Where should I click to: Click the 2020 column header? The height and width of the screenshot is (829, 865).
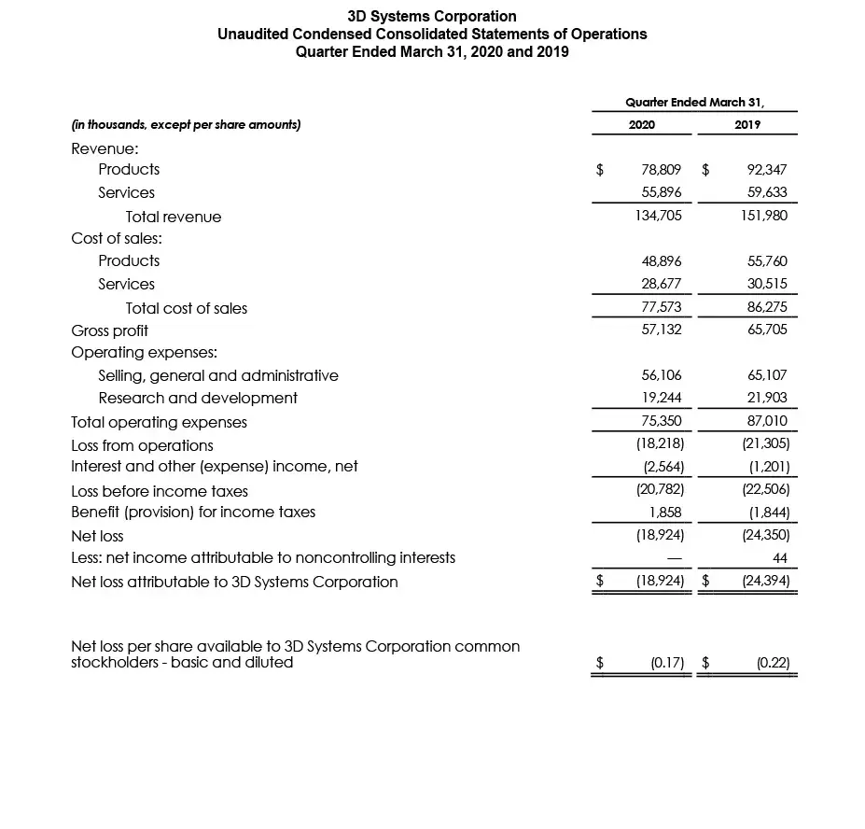[x=641, y=125]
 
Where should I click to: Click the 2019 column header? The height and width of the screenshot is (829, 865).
[x=746, y=125]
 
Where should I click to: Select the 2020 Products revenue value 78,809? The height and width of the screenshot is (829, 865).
[x=662, y=170]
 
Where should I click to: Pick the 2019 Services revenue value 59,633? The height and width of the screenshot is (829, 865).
[x=767, y=192]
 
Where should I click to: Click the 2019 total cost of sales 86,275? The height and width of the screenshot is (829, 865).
[x=767, y=307]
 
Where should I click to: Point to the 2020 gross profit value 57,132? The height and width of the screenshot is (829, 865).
[x=662, y=330]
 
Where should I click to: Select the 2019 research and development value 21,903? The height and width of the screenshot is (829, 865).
[x=767, y=398]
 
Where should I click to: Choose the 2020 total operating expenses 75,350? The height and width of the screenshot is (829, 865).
[x=662, y=422]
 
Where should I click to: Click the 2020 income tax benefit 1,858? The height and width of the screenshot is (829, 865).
[x=666, y=513]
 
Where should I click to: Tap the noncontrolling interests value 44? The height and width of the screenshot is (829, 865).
[x=780, y=558]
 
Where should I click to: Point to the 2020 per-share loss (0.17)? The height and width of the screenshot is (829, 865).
[x=667, y=663]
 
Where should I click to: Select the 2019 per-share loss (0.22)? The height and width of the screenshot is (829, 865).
[x=773, y=663]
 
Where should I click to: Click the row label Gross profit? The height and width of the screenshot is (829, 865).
[x=109, y=330]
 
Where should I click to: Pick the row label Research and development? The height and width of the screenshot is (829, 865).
[x=198, y=398]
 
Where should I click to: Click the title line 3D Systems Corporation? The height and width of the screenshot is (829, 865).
[x=432, y=16]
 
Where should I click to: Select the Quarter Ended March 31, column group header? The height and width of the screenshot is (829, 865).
[x=694, y=102]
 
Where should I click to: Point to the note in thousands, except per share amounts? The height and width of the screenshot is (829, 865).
[x=186, y=125]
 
